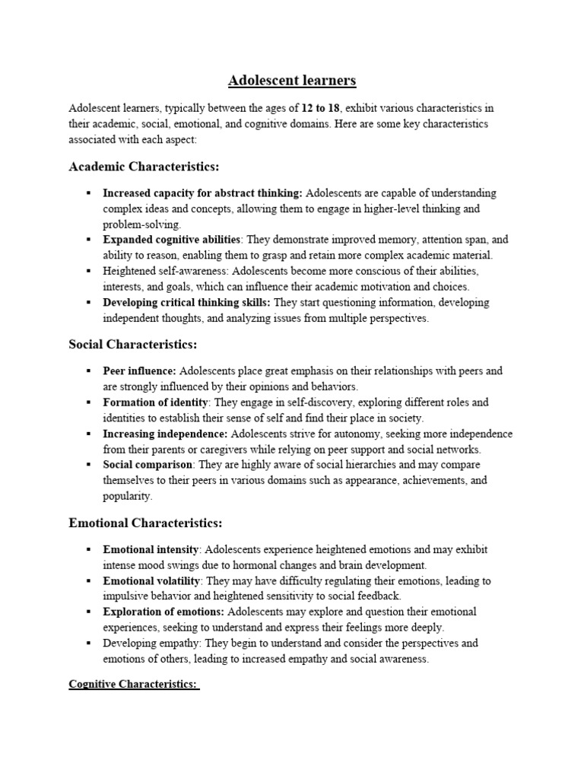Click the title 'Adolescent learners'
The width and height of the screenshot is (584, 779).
tap(293, 80)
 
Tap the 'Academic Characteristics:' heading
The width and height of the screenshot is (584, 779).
tap(144, 167)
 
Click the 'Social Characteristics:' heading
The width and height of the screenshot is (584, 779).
tap(133, 345)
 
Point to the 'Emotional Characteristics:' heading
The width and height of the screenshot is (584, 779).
tap(145, 523)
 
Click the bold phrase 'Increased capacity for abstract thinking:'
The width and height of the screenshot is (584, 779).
tap(202, 193)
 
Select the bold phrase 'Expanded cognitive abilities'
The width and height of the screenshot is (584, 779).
tap(172, 239)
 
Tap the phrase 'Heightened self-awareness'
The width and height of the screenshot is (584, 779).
tap(164, 271)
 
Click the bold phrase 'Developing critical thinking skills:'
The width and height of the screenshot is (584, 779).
tap(186, 303)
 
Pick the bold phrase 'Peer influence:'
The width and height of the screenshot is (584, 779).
tap(139, 371)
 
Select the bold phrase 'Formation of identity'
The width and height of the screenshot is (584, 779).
tap(156, 402)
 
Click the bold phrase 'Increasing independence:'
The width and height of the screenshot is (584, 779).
tap(165, 434)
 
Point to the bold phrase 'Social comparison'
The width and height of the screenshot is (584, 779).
tap(148, 465)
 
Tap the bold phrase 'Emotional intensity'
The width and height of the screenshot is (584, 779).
tap(151, 549)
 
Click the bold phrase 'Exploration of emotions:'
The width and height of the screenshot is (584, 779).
tap(163, 612)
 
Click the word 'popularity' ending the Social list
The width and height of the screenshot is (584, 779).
tap(127, 497)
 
